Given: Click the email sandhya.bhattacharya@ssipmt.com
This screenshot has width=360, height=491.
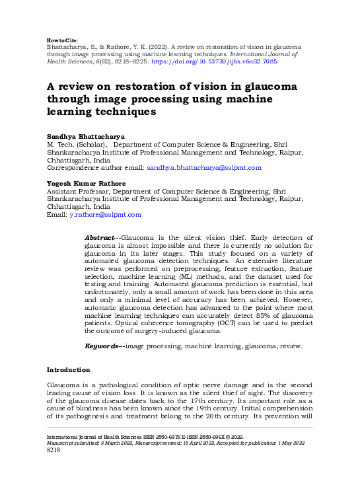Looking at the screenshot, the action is point(204,168).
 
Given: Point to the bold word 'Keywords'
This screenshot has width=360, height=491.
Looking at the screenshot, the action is point(102,346).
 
